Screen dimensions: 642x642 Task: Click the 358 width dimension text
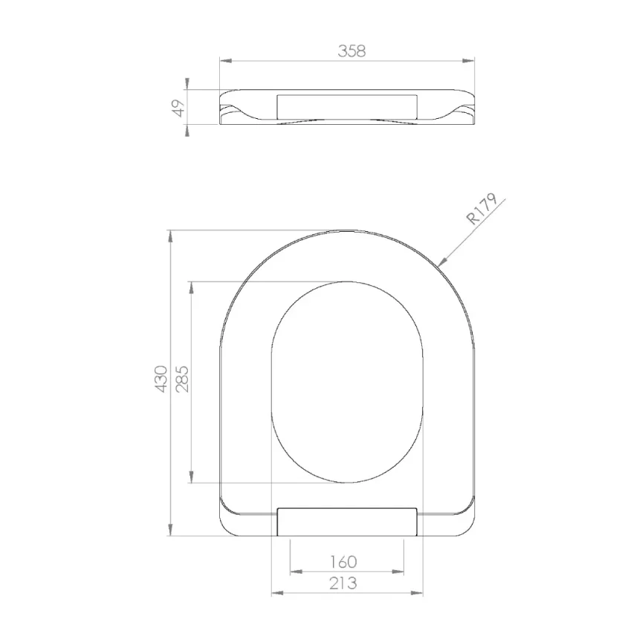[x=352, y=51]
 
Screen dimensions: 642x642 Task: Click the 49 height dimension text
[x=178, y=108]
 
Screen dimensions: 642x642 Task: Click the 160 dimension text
[x=342, y=562]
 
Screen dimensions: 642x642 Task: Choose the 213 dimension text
[x=342, y=583]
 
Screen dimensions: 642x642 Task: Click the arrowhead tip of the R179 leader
[x=440, y=263]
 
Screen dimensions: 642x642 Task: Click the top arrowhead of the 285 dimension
[x=192, y=286]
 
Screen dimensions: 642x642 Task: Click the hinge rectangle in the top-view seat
[x=346, y=522]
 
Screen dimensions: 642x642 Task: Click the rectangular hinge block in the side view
[x=346, y=106]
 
